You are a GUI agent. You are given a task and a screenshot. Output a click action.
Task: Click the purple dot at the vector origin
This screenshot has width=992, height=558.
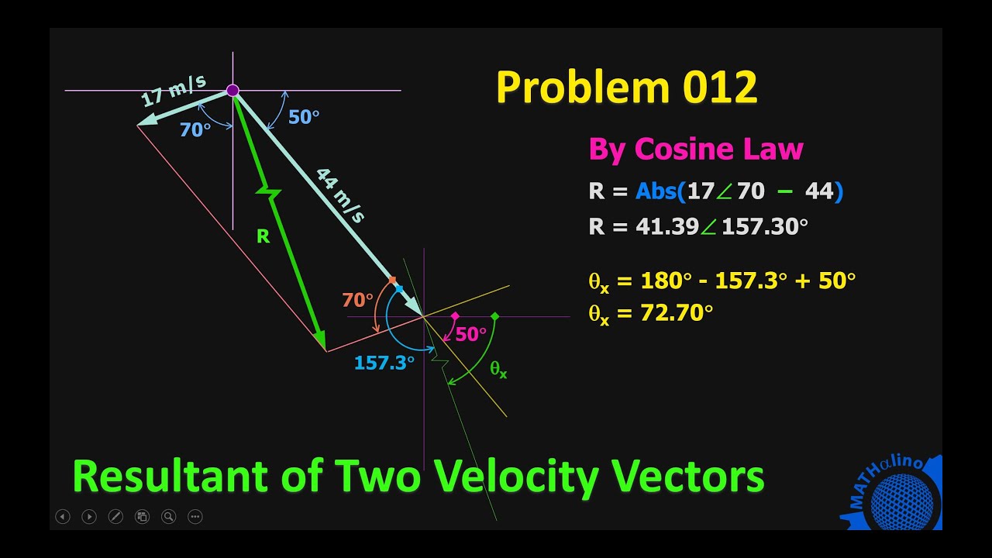232,91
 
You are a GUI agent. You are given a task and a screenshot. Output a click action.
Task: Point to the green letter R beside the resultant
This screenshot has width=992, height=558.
263,237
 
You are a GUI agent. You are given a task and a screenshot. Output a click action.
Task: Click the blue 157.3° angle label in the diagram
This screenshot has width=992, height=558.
384,362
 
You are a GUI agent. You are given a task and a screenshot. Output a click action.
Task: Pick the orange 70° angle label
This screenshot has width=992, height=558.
357,300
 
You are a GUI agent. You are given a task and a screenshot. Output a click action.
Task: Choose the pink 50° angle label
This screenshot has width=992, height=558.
471,334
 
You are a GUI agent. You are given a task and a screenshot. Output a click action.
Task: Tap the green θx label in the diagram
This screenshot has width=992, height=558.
498,370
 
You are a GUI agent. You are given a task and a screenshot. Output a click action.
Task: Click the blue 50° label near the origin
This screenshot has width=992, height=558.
304,117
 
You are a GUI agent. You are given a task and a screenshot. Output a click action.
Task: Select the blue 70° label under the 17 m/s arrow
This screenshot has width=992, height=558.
195,130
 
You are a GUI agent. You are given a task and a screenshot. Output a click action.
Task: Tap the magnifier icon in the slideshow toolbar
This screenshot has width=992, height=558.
168,516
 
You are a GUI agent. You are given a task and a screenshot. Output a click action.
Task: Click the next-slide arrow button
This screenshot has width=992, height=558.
89,516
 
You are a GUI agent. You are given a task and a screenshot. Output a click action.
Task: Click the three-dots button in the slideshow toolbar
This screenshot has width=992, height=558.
195,516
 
